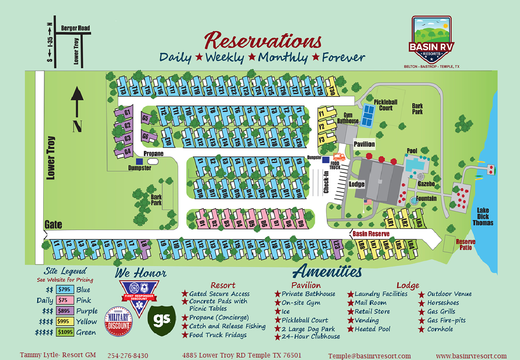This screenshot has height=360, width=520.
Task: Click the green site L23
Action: pos(337,245)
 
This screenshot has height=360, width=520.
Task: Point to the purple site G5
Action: pos(145,118)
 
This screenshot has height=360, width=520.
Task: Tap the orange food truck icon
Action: pos(339,157)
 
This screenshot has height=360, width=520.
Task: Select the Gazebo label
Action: pos(426,184)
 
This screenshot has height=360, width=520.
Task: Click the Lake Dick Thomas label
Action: pos(483,216)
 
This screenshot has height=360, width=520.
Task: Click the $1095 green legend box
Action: pos(65,332)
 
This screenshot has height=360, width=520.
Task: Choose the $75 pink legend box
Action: pos(65,300)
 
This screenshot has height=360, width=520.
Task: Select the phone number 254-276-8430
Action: pos(128,356)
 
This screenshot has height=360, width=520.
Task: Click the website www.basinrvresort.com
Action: pos(471,356)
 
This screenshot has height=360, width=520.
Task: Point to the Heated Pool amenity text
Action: pos(373,329)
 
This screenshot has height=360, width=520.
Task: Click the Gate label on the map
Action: pos(53,225)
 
